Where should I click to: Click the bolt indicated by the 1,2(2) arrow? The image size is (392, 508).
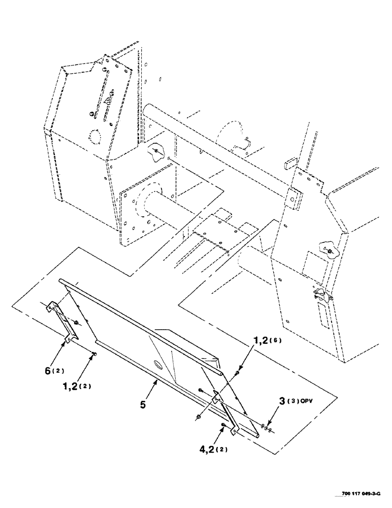coord(94,355)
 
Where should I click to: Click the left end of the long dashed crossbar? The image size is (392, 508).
coord(147,109)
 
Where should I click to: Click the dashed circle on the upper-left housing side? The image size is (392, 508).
coord(93,137)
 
